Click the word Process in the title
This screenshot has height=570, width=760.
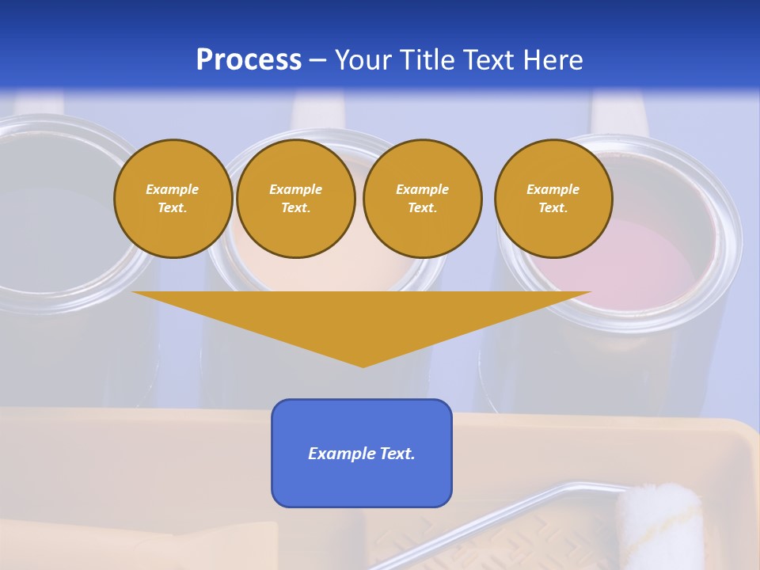pos(249,60)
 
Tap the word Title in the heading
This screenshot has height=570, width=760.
pos(430,60)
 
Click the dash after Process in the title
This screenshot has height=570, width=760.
pos(317,61)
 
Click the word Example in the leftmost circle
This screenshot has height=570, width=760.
pos(173,189)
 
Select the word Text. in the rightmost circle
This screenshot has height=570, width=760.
pos(553,207)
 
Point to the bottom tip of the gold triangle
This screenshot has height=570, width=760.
pos(363,365)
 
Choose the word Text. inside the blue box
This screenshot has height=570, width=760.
pos(397,454)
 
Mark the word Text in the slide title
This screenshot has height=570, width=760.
pos(488,60)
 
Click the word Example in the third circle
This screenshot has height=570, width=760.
pos(422,189)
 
